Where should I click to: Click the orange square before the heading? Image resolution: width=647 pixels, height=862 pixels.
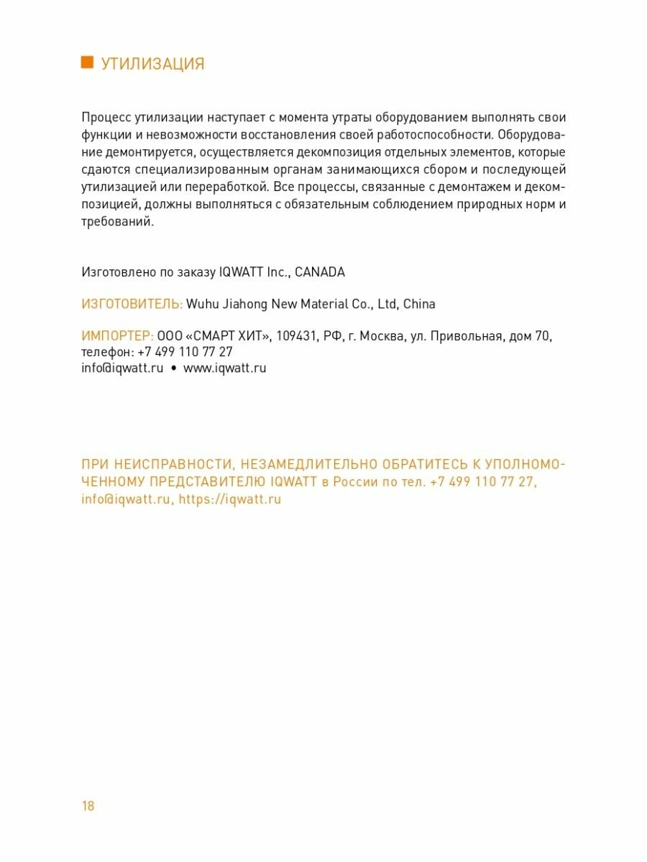point(87,62)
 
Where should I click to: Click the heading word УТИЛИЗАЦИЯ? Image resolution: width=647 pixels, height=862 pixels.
point(152,64)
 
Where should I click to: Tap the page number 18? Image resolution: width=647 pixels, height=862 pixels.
point(88,805)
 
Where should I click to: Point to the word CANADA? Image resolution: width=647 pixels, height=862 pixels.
point(320,272)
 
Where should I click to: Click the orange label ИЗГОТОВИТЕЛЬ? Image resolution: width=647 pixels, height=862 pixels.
point(132,304)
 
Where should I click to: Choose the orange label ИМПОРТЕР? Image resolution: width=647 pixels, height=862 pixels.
point(117,336)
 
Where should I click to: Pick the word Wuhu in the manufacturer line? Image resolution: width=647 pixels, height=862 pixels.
point(203,304)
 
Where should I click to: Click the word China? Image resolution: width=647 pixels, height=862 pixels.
point(419,304)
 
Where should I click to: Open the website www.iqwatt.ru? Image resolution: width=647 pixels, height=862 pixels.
point(225,368)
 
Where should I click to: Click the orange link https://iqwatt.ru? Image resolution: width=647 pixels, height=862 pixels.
point(230,499)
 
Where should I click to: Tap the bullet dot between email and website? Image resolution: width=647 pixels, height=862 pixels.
point(173,369)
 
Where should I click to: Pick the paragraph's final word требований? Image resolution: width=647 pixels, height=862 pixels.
point(117,221)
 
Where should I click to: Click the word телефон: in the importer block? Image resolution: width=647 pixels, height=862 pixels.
point(107,352)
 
